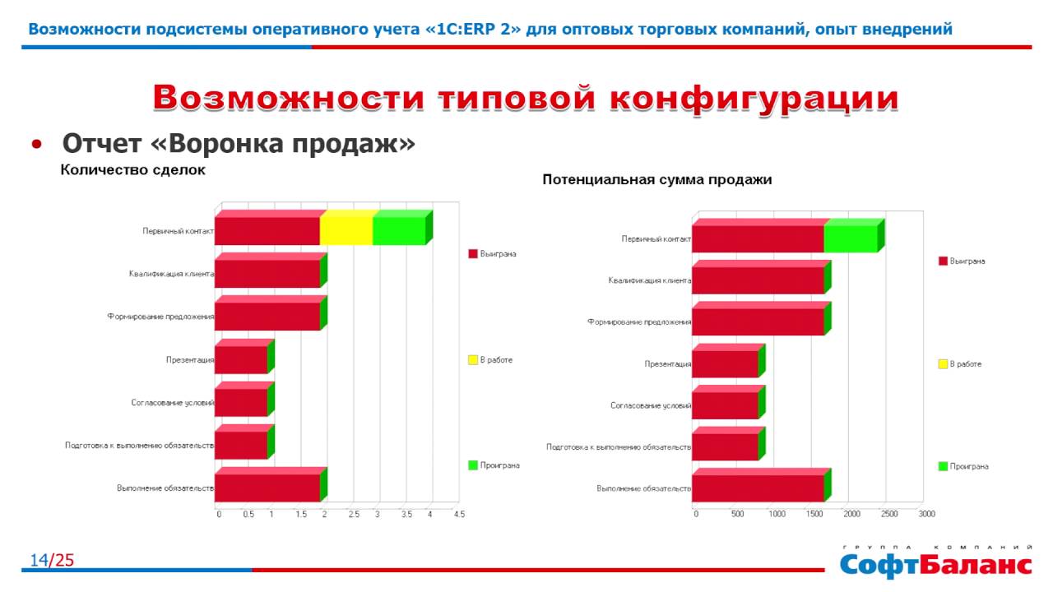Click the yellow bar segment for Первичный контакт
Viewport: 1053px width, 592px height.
pyautogui.click(x=346, y=230)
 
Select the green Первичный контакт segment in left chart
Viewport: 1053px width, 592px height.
pyautogui.click(x=399, y=230)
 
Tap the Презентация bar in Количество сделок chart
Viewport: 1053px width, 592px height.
pyautogui.click(x=241, y=359)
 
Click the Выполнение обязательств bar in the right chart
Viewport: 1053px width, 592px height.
pyautogui.click(x=758, y=488)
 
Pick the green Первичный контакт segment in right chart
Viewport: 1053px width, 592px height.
pyautogui.click(x=851, y=238)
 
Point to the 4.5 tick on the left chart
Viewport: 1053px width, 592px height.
pyautogui.click(x=459, y=514)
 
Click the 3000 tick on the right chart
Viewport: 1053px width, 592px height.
pyautogui.click(x=927, y=514)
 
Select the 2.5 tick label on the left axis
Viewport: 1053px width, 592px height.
pyautogui.click(x=354, y=514)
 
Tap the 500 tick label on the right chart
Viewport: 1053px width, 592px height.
pyautogui.click(x=737, y=514)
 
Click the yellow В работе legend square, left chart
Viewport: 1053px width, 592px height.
pyautogui.click(x=473, y=360)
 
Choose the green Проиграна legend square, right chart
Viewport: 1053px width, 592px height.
pyautogui.click(x=943, y=466)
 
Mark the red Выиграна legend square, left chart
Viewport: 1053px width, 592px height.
pyautogui.click(x=473, y=254)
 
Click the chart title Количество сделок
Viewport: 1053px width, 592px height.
pyautogui.click(x=132, y=170)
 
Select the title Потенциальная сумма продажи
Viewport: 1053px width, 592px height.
pyautogui.click(x=656, y=180)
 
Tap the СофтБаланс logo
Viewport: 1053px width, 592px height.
pyautogui.click(x=935, y=564)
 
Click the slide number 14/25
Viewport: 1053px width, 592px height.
pyautogui.click(x=52, y=561)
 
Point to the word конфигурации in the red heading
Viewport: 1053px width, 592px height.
pyautogui.click(x=754, y=98)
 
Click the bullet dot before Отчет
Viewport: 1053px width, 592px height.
pyautogui.click(x=36, y=145)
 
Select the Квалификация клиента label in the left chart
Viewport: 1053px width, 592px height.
pyautogui.click(x=171, y=274)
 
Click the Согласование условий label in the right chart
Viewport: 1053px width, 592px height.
pyautogui.click(x=650, y=405)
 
